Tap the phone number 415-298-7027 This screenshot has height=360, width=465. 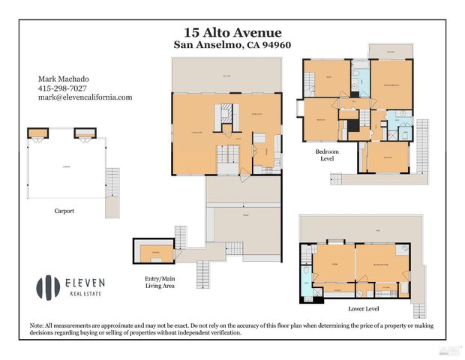[62, 88]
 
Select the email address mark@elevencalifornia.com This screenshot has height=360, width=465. [85, 97]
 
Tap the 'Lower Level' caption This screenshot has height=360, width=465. [364, 308]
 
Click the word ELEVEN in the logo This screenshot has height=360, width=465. [84, 283]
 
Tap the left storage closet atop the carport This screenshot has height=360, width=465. [37, 133]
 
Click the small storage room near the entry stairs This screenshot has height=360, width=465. [153, 252]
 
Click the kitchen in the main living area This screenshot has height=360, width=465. [259, 147]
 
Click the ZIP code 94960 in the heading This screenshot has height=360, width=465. [273, 45]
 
